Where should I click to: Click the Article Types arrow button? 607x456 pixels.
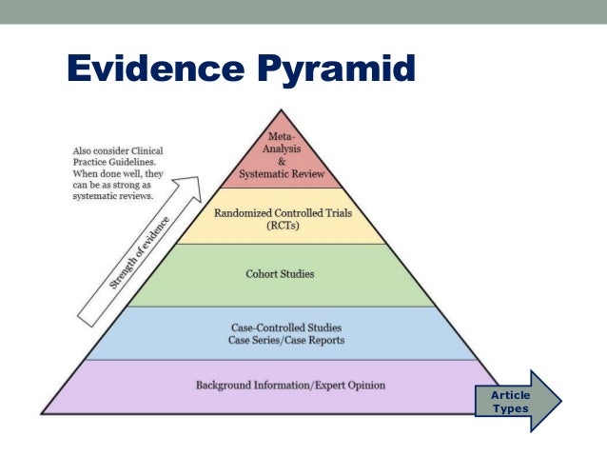pyautogui.click(x=518, y=401)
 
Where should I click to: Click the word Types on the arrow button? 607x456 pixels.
pyautogui.click(x=511, y=408)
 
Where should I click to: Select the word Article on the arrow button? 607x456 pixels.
pyautogui.click(x=511, y=394)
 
